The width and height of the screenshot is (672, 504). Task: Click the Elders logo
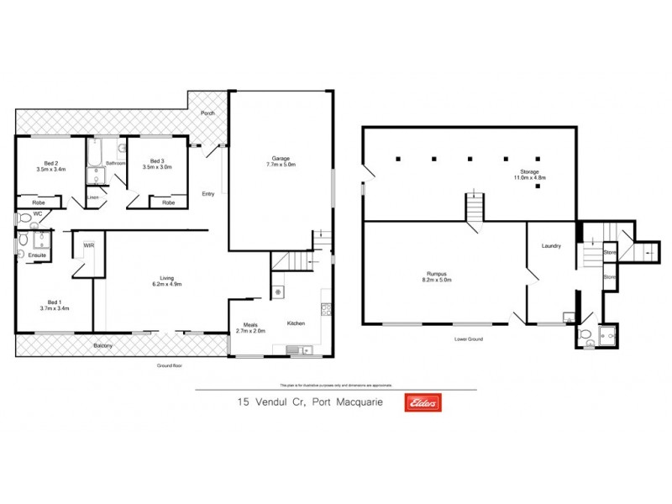423,402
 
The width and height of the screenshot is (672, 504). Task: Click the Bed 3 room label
157,162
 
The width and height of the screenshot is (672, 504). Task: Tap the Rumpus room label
441,275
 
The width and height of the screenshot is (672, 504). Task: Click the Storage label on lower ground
530,171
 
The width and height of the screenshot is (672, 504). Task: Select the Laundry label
551,246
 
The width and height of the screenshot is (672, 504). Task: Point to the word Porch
207,114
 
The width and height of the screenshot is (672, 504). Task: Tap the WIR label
87,245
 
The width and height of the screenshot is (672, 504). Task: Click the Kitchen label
296,323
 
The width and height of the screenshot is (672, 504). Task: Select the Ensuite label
36,255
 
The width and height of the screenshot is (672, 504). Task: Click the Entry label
207,194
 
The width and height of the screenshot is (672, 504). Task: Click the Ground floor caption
169,366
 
